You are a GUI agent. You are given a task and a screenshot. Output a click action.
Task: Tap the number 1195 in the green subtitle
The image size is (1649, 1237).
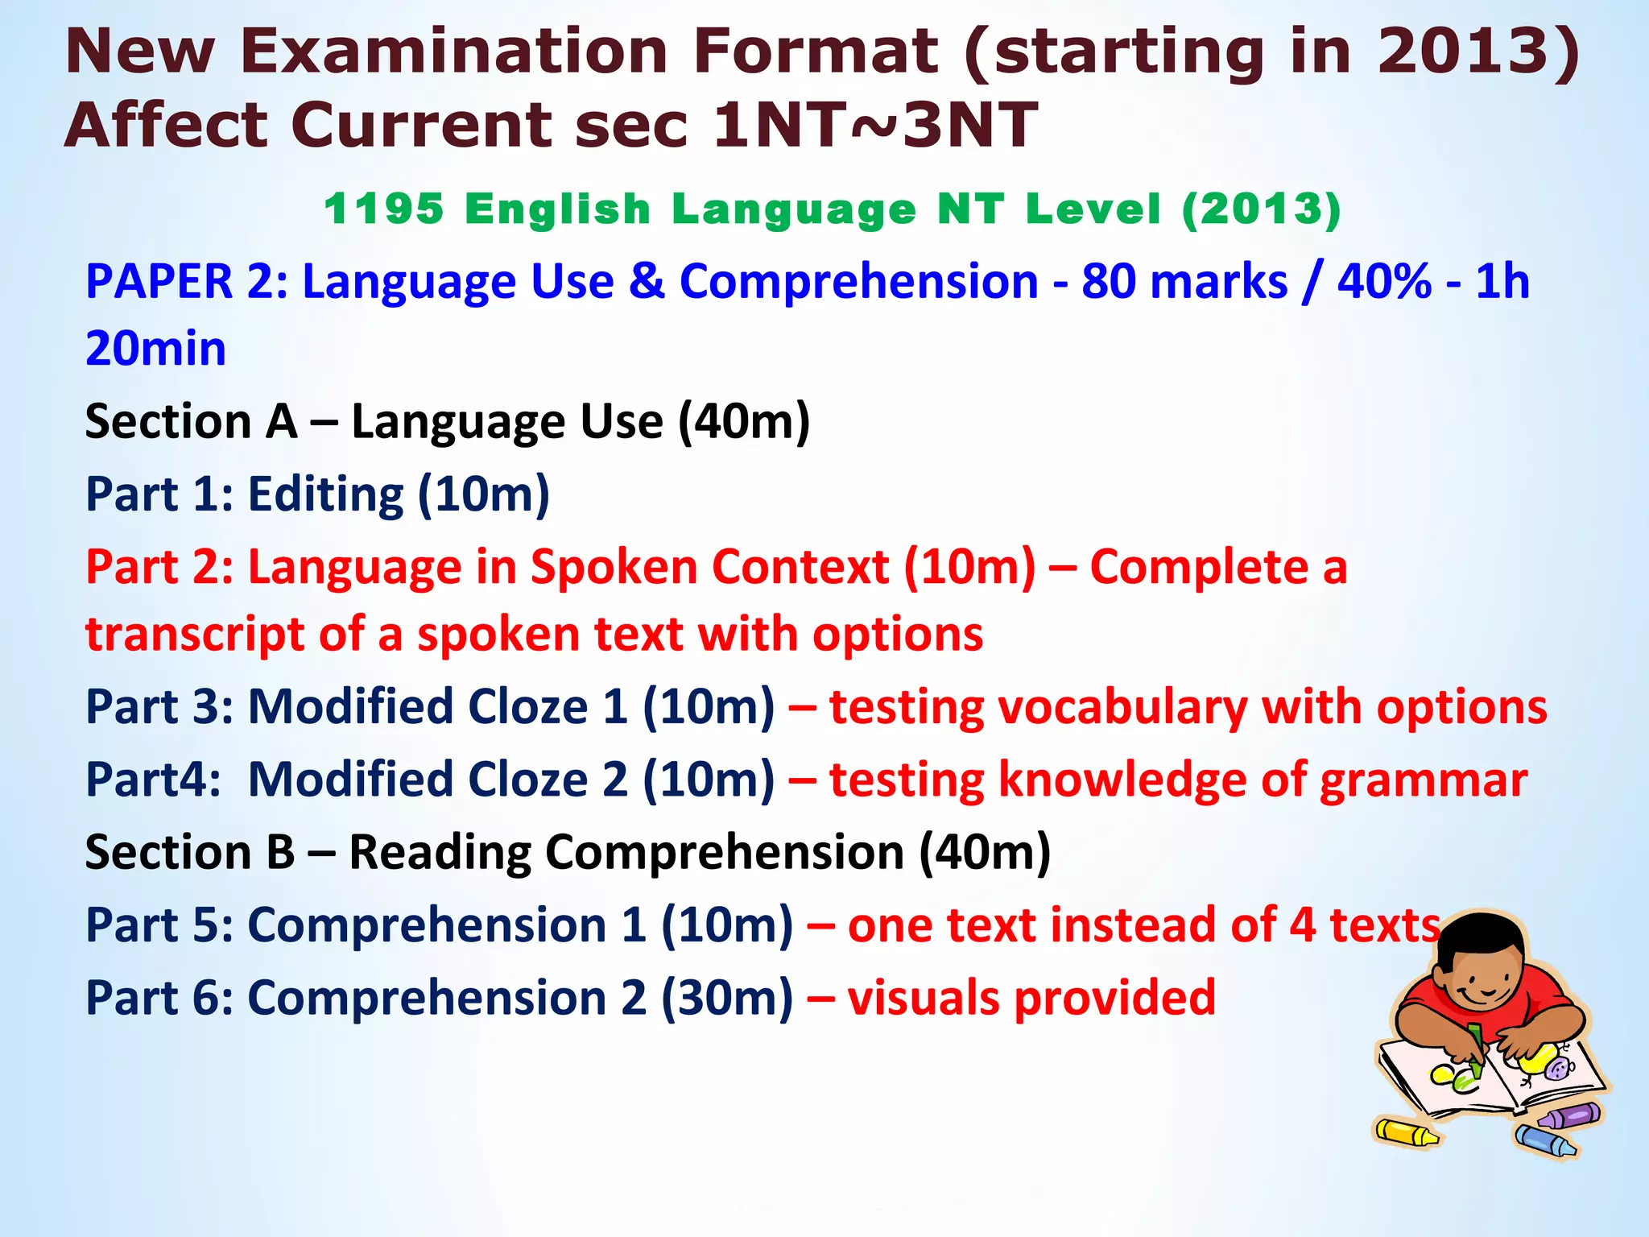[x=383, y=209]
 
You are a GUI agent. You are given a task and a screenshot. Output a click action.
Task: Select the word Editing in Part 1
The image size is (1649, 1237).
[x=325, y=494]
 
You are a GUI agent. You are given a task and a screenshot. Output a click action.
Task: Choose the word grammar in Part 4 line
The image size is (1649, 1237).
[x=1423, y=780]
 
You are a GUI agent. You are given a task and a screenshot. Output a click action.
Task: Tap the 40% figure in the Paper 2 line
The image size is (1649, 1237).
[x=1384, y=282]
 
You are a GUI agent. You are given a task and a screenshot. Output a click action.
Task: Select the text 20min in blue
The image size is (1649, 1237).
[x=155, y=349]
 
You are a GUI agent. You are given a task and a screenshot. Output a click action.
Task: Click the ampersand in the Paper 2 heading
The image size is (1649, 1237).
[x=647, y=282]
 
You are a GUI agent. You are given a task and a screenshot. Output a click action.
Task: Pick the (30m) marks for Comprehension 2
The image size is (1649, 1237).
[x=727, y=998]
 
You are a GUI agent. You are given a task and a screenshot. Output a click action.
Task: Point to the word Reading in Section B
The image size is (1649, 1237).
[x=439, y=852]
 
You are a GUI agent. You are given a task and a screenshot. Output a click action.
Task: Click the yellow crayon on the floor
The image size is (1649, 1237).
[x=1405, y=1132]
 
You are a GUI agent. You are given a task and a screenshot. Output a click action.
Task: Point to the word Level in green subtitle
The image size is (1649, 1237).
[x=1093, y=209]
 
